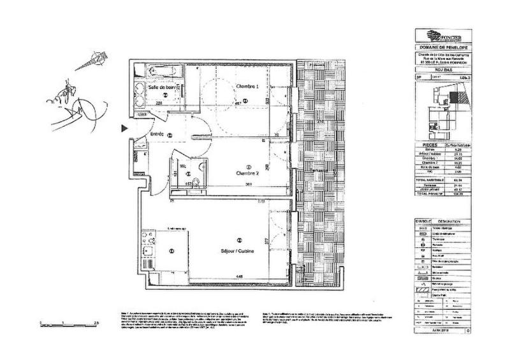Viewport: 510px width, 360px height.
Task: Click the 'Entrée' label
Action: [157, 134]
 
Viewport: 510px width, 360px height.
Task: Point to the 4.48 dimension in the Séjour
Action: [238, 276]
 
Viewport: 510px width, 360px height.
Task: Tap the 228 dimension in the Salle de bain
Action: [161, 101]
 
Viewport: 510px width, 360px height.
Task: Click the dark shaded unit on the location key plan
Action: [454, 96]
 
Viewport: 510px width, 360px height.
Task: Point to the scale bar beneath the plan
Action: [68, 322]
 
